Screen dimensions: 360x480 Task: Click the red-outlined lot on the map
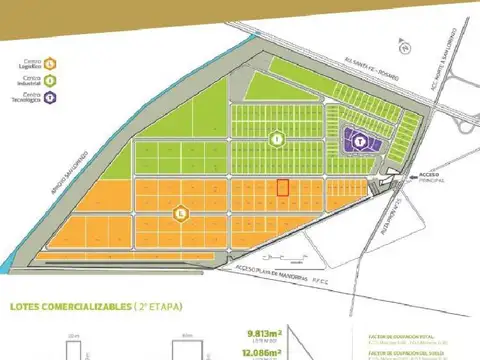[282, 188]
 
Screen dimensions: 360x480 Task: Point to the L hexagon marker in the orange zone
[179, 212]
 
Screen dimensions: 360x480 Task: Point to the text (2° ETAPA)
[159, 308]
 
